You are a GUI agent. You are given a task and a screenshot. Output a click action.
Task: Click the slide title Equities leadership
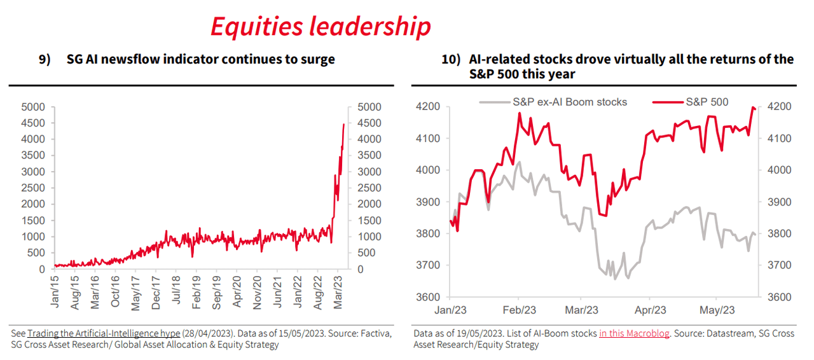[x=321, y=26]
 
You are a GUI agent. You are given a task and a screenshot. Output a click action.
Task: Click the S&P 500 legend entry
[x=706, y=102]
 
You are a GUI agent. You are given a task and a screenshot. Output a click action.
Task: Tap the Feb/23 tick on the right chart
[x=519, y=310]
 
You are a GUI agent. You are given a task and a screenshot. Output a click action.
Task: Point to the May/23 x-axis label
[x=717, y=310]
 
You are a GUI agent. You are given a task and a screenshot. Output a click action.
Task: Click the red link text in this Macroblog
[x=634, y=333]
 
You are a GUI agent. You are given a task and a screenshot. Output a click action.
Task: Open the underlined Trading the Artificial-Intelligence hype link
[x=104, y=333]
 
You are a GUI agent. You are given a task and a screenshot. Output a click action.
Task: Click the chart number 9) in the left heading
[x=45, y=60]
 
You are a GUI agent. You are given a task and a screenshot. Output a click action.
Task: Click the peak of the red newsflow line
[x=344, y=125]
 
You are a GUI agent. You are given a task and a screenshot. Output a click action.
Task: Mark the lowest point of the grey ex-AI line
[x=614, y=279]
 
